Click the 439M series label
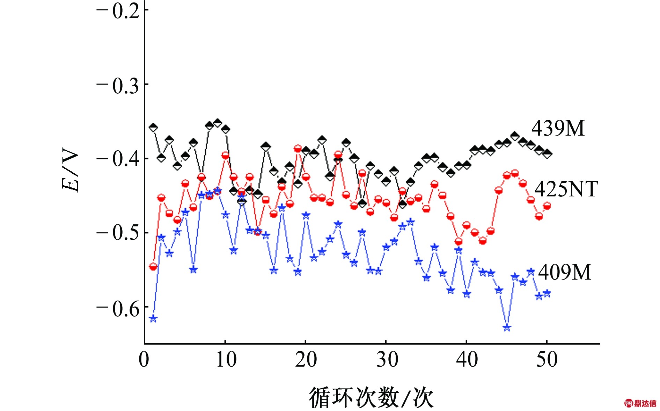(558, 128)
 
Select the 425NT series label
(566, 189)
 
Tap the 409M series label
(564, 272)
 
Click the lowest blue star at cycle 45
(507, 327)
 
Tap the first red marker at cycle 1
(153, 267)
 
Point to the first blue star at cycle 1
(153, 319)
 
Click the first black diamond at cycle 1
(153, 127)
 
